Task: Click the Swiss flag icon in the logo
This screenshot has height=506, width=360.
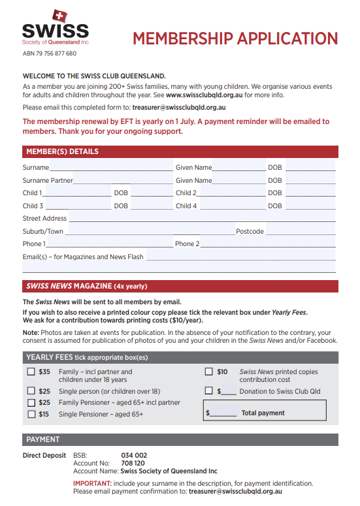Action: tap(59, 16)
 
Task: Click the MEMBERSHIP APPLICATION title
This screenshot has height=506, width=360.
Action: tap(235, 38)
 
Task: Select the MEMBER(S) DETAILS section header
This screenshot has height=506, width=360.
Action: tap(63, 151)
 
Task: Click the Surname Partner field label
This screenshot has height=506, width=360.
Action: tap(48, 180)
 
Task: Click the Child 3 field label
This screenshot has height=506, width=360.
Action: tap(33, 206)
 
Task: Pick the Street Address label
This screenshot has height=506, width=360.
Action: tap(44, 219)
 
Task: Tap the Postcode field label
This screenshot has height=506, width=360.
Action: tap(250, 231)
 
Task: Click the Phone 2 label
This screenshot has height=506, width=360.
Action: tap(187, 244)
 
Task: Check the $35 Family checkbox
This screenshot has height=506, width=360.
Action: tap(31, 372)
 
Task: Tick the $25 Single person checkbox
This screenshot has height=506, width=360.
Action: tap(31, 391)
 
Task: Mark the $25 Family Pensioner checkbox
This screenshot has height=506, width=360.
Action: tap(31, 403)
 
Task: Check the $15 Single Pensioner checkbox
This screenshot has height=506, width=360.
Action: tap(31, 414)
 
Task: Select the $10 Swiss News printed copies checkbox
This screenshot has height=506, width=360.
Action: tap(209, 372)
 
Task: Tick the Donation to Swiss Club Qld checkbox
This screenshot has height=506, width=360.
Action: tap(209, 391)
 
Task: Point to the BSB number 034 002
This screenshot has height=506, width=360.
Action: tap(134, 455)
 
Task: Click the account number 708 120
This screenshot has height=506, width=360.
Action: tap(133, 463)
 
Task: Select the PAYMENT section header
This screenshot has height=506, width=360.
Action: tap(42, 439)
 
